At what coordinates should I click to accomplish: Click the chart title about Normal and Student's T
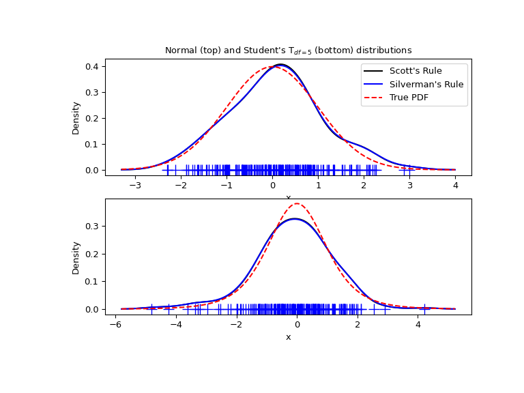(x=288, y=50)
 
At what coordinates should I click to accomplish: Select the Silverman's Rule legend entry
(x=426, y=84)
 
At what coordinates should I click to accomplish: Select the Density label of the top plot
(x=76, y=117)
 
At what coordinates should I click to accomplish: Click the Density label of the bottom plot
(x=76, y=257)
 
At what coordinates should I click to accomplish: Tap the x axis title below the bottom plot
(x=288, y=337)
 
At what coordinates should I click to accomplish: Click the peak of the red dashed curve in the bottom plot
(x=297, y=203)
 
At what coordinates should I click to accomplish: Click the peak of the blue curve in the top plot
(x=280, y=65)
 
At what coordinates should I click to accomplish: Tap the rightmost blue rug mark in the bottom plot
(x=424, y=309)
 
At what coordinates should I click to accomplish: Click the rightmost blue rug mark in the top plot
(x=409, y=170)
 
